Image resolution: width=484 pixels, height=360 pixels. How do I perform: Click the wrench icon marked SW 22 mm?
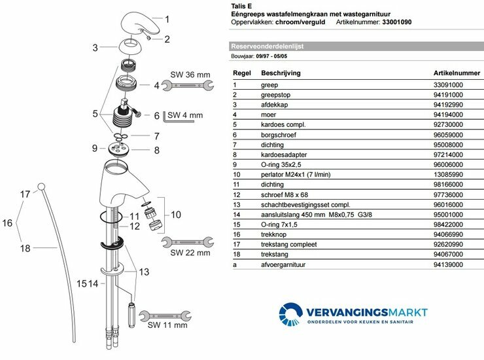tap(186, 243)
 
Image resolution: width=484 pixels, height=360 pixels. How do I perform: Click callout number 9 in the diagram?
tap(95, 148)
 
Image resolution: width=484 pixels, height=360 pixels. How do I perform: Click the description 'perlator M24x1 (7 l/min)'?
tap(273, 175)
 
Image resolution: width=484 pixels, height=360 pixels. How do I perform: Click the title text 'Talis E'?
tap(242, 6)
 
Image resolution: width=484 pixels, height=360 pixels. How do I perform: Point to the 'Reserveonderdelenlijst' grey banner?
tap(268, 47)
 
